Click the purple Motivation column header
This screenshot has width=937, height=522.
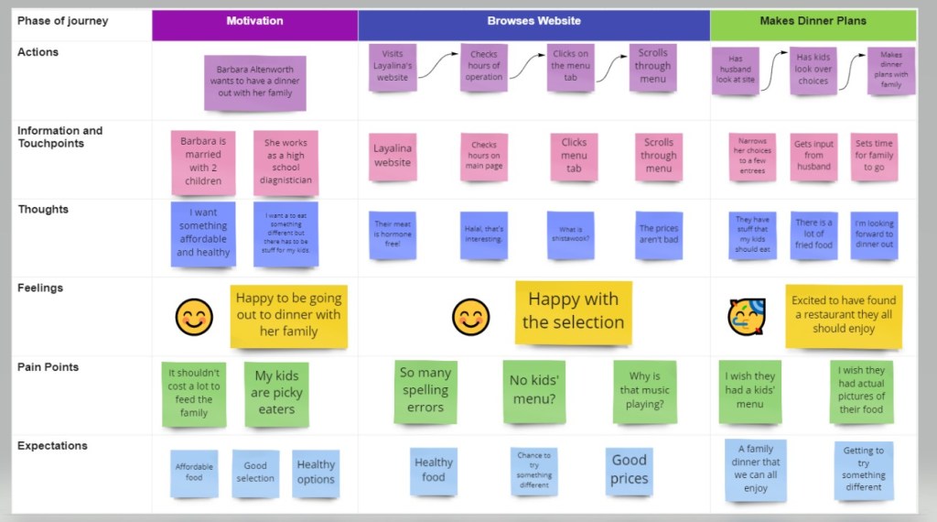[x=254, y=21]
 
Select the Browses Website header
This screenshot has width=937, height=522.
[x=533, y=21]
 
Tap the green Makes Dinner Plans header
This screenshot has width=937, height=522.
[x=813, y=21]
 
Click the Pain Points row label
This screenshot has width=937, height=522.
[x=48, y=367]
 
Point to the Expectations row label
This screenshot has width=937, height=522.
[x=52, y=446]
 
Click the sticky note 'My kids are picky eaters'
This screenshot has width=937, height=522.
[x=276, y=393]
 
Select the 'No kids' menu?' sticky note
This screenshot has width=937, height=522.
[x=533, y=391]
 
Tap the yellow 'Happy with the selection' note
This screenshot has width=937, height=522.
[x=573, y=311]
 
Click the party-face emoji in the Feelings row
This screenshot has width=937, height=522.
[x=746, y=317]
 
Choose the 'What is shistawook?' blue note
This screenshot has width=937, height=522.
[x=570, y=235]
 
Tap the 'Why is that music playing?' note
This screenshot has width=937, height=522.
[x=645, y=390]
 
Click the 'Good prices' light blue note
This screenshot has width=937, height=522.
[x=629, y=470]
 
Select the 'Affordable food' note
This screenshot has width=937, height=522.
[x=194, y=472]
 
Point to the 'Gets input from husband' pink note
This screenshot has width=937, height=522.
[x=813, y=156]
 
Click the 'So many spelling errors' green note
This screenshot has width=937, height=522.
[x=425, y=390]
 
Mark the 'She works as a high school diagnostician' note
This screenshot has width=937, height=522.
[x=286, y=162]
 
